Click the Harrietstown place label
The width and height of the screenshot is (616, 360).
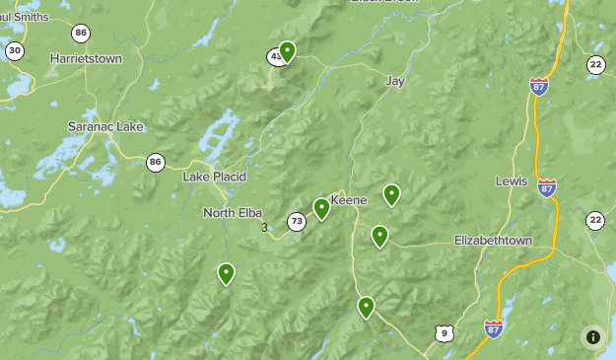pos(86,59)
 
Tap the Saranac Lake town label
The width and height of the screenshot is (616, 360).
pos(105,127)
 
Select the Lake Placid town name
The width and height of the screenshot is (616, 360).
pos(214,177)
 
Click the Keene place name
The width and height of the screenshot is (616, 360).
pos(348,200)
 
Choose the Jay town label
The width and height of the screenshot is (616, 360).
pos(395,81)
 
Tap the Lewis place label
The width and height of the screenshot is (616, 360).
pos(512,182)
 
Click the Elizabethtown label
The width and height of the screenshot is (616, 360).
pos(493,241)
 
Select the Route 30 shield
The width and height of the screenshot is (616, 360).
pos(14,50)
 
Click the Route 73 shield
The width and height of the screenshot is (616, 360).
pos(297,222)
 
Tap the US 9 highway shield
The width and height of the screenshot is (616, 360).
pos(444,333)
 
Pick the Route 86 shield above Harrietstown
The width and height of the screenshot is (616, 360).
pos(81,33)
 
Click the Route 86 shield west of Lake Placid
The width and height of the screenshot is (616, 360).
pos(155,162)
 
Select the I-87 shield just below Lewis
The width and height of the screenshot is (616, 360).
pos(547,187)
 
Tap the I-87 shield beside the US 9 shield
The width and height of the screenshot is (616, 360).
pos(494,327)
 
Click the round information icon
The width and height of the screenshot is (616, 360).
pos(592,336)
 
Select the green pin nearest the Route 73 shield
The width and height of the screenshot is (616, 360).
pos(321,208)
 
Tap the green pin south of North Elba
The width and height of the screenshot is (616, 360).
pos(226,273)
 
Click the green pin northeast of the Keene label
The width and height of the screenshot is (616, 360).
pos(391,194)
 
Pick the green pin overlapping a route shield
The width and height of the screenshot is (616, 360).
pos(287,50)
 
